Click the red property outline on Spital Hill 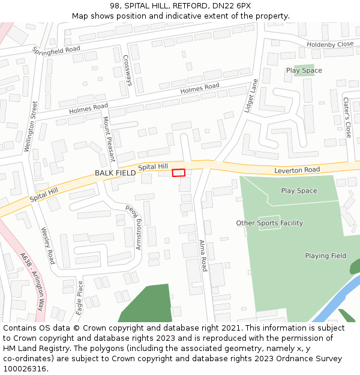click(179, 173)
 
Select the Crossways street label click(127, 70)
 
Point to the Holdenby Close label click(330, 44)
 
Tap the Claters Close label click(347, 118)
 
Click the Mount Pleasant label click(108, 140)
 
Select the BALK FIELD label click(115, 173)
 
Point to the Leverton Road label click(297, 170)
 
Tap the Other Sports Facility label click(269, 223)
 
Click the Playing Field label click(325, 256)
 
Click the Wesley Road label click(47, 245)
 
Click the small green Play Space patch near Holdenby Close click(304, 70)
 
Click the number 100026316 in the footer click(24, 368)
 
